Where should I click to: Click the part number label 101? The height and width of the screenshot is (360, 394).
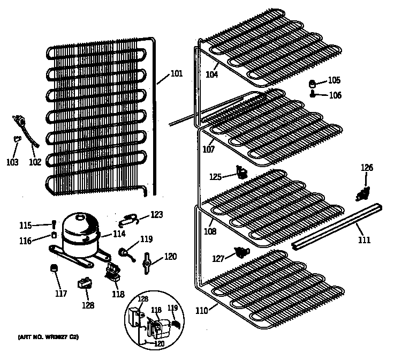(177, 74)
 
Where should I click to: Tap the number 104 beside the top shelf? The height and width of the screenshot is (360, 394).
(212, 74)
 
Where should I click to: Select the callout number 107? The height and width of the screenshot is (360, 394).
(208, 149)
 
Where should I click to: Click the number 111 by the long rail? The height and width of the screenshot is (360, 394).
(364, 239)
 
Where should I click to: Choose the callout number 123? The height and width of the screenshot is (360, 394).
(156, 215)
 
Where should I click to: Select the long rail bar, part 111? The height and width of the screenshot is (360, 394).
(337, 225)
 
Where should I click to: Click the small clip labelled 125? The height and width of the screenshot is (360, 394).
(243, 172)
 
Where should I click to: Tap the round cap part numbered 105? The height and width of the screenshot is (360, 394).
(313, 83)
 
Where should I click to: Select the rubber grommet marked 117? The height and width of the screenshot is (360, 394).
(53, 268)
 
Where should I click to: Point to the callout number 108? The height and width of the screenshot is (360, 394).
(210, 232)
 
